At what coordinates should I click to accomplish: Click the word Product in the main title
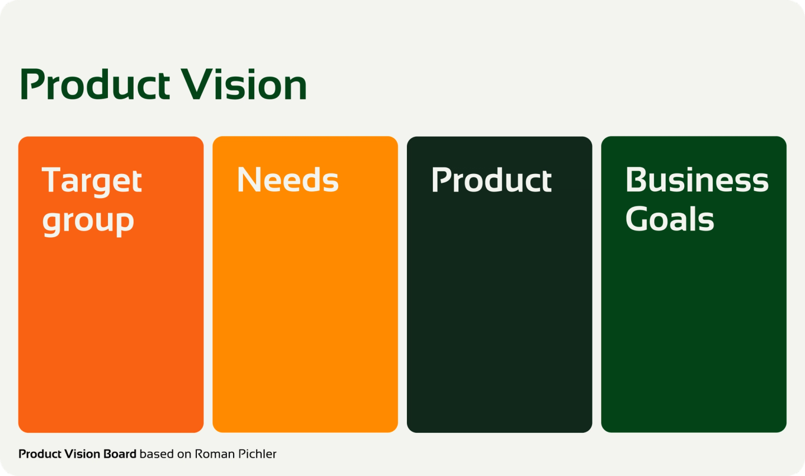(x=94, y=84)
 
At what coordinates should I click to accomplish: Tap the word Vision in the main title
(x=244, y=84)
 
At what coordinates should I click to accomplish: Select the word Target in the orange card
(x=92, y=181)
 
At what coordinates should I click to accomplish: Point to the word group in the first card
(x=88, y=221)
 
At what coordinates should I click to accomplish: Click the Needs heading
(x=287, y=180)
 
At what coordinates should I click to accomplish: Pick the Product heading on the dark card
(x=491, y=180)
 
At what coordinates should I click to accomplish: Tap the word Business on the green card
(x=697, y=180)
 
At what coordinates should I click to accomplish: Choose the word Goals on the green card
(x=669, y=219)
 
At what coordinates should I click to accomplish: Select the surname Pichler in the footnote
(x=257, y=454)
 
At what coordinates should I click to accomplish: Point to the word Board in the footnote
(x=119, y=454)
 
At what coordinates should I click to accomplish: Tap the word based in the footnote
(x=157, y=454)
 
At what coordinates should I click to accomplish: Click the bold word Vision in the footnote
(x=81, y=454)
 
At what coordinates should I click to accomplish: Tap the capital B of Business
(x=636, y=180)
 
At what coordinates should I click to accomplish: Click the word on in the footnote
(x=184, y=454)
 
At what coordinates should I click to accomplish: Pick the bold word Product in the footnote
(x=39, y=454)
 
